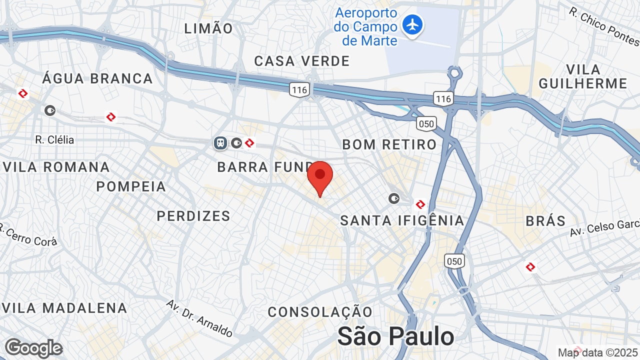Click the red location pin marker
320,176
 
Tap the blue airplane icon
412,25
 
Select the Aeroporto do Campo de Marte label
366,26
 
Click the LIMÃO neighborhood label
208,28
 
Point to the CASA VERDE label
302,61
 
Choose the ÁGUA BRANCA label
97,78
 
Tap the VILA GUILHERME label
582,76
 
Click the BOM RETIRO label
389,144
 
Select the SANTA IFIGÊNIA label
402,220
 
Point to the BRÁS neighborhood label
545,220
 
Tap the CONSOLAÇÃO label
320,312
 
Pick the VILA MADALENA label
64,307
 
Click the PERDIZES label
193,215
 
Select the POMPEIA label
131,186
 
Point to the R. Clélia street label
54,139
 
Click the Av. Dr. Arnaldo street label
199,318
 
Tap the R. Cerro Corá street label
29,236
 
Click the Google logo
33,348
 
